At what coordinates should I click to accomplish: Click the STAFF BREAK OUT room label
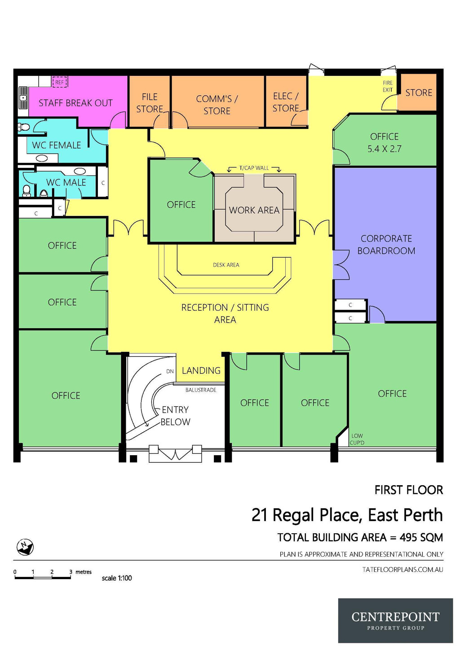point(75,103)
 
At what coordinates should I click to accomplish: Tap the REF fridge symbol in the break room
point(60,82)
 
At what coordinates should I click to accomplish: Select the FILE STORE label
point(150,103)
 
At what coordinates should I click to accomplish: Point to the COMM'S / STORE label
point(217,105)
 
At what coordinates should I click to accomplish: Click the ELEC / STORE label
point(286,102)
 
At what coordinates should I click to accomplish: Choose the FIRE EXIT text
point(388,86)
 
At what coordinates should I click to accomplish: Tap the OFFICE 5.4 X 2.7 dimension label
point(384,143)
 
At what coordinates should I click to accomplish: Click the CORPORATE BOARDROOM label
point(386,245)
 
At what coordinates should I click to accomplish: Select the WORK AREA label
point(254,210)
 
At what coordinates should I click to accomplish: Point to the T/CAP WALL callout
point(254,168)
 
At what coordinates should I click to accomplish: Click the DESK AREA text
point(226,265)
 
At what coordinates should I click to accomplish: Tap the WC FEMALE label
point(57,145)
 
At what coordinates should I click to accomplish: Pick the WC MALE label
point(66,182)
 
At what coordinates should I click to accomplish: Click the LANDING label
point(201,371)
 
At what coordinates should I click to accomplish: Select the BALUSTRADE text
point(201,390)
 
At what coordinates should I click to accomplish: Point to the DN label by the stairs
point(170,371)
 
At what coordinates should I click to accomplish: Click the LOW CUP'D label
point(357,439)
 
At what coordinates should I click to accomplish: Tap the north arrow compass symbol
point(25,546)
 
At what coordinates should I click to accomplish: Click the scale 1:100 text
point(117,578)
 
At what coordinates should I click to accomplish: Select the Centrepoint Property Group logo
point(395,620)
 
